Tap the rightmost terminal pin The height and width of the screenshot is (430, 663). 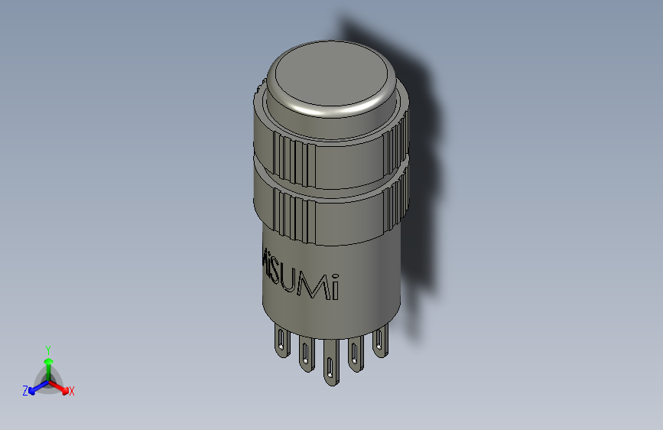[379, 340]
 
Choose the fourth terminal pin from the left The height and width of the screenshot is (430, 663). [356, 353]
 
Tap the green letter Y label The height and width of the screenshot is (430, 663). [47, 348]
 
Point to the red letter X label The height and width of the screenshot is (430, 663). [71, 391]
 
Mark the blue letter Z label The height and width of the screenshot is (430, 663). [25, 390]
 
